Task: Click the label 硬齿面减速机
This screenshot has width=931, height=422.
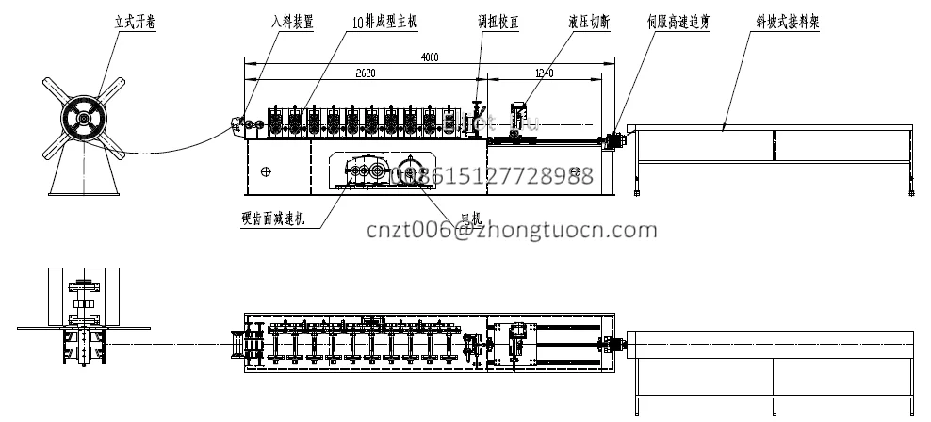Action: pyautogui.click(x=273, y=220)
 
